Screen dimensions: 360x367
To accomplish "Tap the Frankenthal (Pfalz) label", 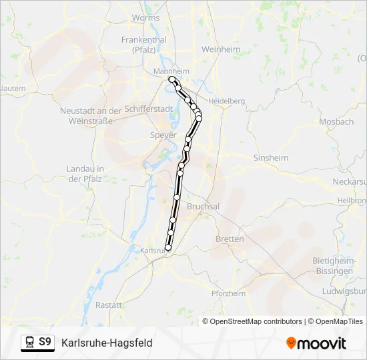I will [143, 44].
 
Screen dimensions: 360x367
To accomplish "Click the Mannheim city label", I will [171, 71].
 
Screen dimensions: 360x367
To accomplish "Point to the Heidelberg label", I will [227, 101].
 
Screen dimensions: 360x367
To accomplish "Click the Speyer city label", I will [163, 135].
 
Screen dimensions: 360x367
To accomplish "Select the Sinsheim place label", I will [271, 158].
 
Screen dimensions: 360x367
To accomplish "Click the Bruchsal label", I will [203, 207].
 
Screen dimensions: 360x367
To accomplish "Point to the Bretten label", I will [230, 239].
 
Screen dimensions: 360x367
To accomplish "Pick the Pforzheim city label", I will [228, 293].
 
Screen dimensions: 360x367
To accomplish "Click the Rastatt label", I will [109, 305].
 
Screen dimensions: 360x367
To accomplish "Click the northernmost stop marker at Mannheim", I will [172, 79].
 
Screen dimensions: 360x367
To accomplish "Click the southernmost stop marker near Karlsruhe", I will [167, 247].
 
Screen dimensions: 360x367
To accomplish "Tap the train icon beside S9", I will [29, 343].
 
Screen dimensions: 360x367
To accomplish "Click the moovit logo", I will [316, 343].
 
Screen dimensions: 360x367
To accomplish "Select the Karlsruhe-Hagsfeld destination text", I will [107, 343].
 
